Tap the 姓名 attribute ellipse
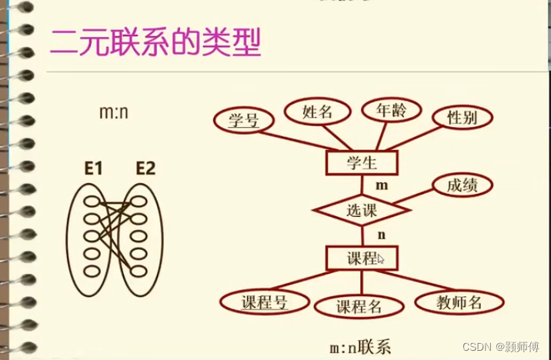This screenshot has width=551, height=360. tap(317, 112)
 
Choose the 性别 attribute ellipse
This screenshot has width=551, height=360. tap(462, 118)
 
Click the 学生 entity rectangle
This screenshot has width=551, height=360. tap(361, 162)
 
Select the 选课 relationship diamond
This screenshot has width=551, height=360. tap(360, 209)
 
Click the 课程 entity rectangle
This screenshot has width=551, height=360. tap(361, 258)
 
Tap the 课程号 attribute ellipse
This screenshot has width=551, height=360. tap(264, 302)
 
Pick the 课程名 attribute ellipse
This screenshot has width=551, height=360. tap(359, 306)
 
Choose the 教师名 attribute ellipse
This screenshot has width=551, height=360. tap(459, 302)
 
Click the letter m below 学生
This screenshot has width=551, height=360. tap(381, 185)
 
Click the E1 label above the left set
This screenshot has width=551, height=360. tap(94, 167)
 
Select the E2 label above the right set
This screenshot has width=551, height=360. tap(145, 167)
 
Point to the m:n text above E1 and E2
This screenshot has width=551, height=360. tap(115, 112)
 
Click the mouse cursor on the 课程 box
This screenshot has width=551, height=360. tap(382, 259)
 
